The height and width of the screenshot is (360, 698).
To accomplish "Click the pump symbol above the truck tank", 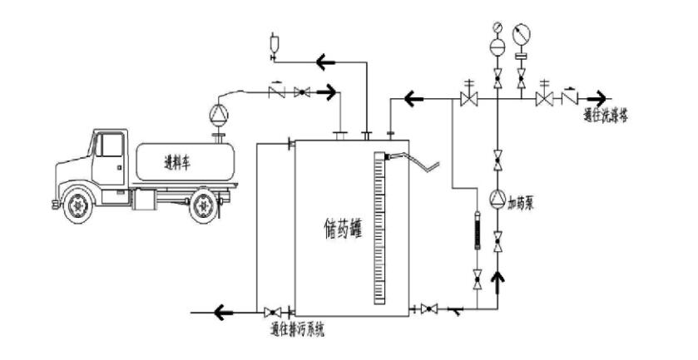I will tap(219, 111).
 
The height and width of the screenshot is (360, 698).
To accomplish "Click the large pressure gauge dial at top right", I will tap(522, 36).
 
